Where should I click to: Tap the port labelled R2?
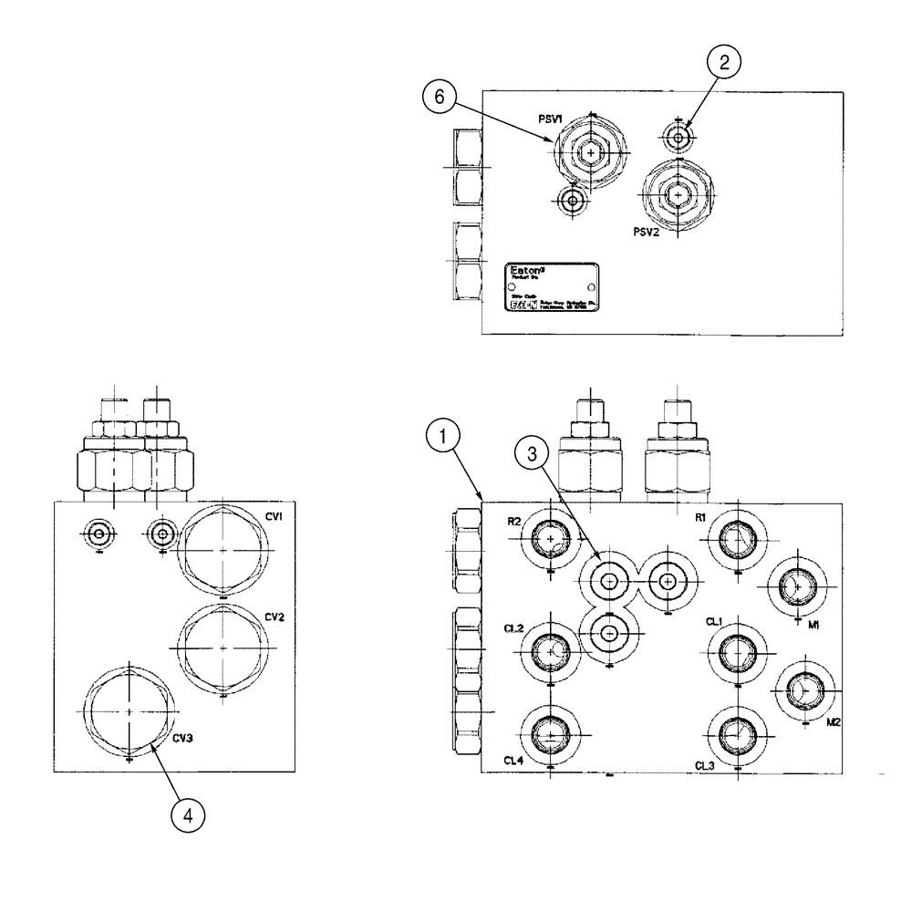click(x=550, y=541)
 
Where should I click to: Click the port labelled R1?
click(x=735, y=541)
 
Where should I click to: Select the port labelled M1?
click(x=796, y=587)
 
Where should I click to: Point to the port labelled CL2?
click(x=550, y=650)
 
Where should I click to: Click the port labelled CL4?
click(x=550, y=734)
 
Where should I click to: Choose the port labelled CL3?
click(x=735, y=734)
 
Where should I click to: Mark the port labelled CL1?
click(x=735, y=650)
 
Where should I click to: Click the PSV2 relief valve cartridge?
click(x=677, y=194)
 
